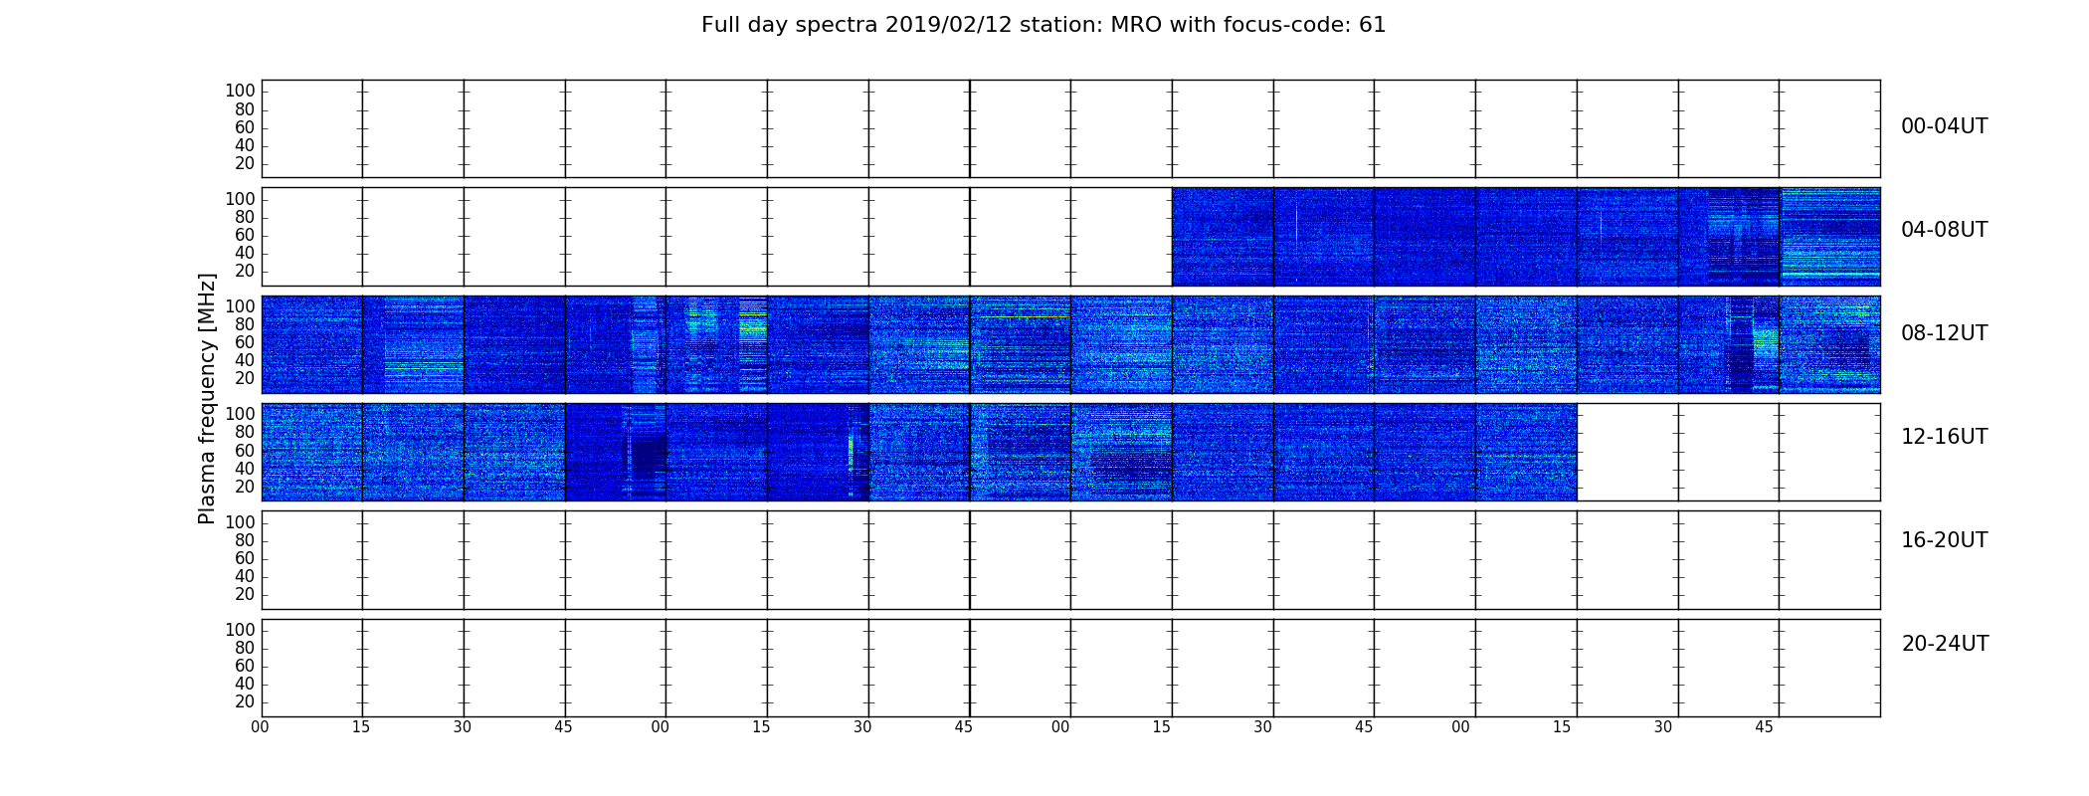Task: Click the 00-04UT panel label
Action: coord(1944,126)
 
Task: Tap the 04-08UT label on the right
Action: coord(1944,230)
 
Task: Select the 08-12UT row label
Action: coord(1944,333)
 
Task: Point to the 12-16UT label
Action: coord(1944,437)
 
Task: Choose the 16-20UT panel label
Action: coord(1944,540)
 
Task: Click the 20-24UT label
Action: coord(1945,644)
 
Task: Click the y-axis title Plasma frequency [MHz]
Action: coord(207,398)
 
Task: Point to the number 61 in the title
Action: coord(1373,25)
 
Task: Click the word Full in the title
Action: coord(720,25)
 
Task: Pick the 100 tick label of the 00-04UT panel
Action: coord(240,92)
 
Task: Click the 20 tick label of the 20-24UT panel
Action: coord(245,702)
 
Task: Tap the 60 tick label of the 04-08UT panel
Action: coord(245,236)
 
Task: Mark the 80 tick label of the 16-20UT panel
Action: coord(245,540)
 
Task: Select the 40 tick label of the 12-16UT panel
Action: coord(245,469)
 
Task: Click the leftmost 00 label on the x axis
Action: coord(260,727)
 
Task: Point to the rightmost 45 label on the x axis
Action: coord(1764,727)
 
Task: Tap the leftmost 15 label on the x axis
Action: coord(361,727)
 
